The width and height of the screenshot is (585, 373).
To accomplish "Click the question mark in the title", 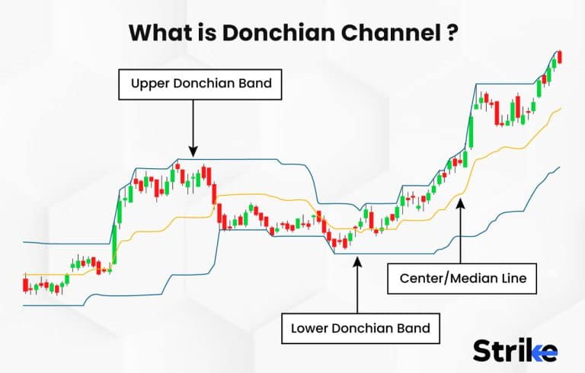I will pos(452,33).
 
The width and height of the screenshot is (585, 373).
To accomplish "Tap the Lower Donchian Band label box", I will pos(360,330).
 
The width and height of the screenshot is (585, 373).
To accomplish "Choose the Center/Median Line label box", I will pos(462,279).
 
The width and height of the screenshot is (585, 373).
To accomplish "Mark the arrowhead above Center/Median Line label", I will pos(459,202).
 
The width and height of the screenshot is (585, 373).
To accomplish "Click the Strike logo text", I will pos(515,349).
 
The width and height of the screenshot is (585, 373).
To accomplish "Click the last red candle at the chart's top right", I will pos(559,56).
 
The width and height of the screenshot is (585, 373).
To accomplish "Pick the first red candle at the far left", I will pos(25,285).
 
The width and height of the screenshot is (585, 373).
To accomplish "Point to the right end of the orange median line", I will pos(560,108).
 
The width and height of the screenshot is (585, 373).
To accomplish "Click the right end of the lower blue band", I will pos(559,167).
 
